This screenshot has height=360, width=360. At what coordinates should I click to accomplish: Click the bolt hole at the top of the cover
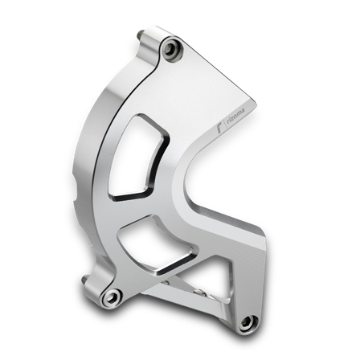(x=169, y=51)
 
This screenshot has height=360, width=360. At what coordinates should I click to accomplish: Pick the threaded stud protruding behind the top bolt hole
(x=143, y=36)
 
